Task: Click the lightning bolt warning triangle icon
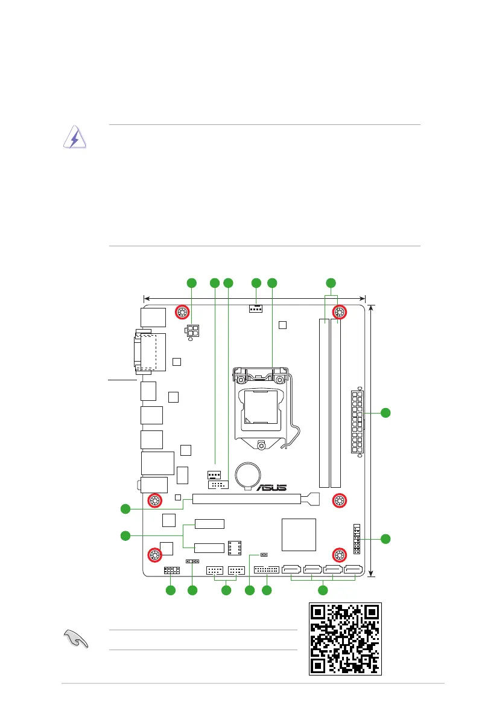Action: [75, 138]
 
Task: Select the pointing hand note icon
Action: [75, 639]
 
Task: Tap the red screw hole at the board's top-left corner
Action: [182, 312]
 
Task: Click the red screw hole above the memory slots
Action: [339, 312]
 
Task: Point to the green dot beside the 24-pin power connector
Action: [385, 413]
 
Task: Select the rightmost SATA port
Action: [354, 569]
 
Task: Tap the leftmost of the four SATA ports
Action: [292, 569]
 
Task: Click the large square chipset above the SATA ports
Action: [299, 535]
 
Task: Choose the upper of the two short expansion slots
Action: [209, 524]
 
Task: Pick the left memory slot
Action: [324, 403]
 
